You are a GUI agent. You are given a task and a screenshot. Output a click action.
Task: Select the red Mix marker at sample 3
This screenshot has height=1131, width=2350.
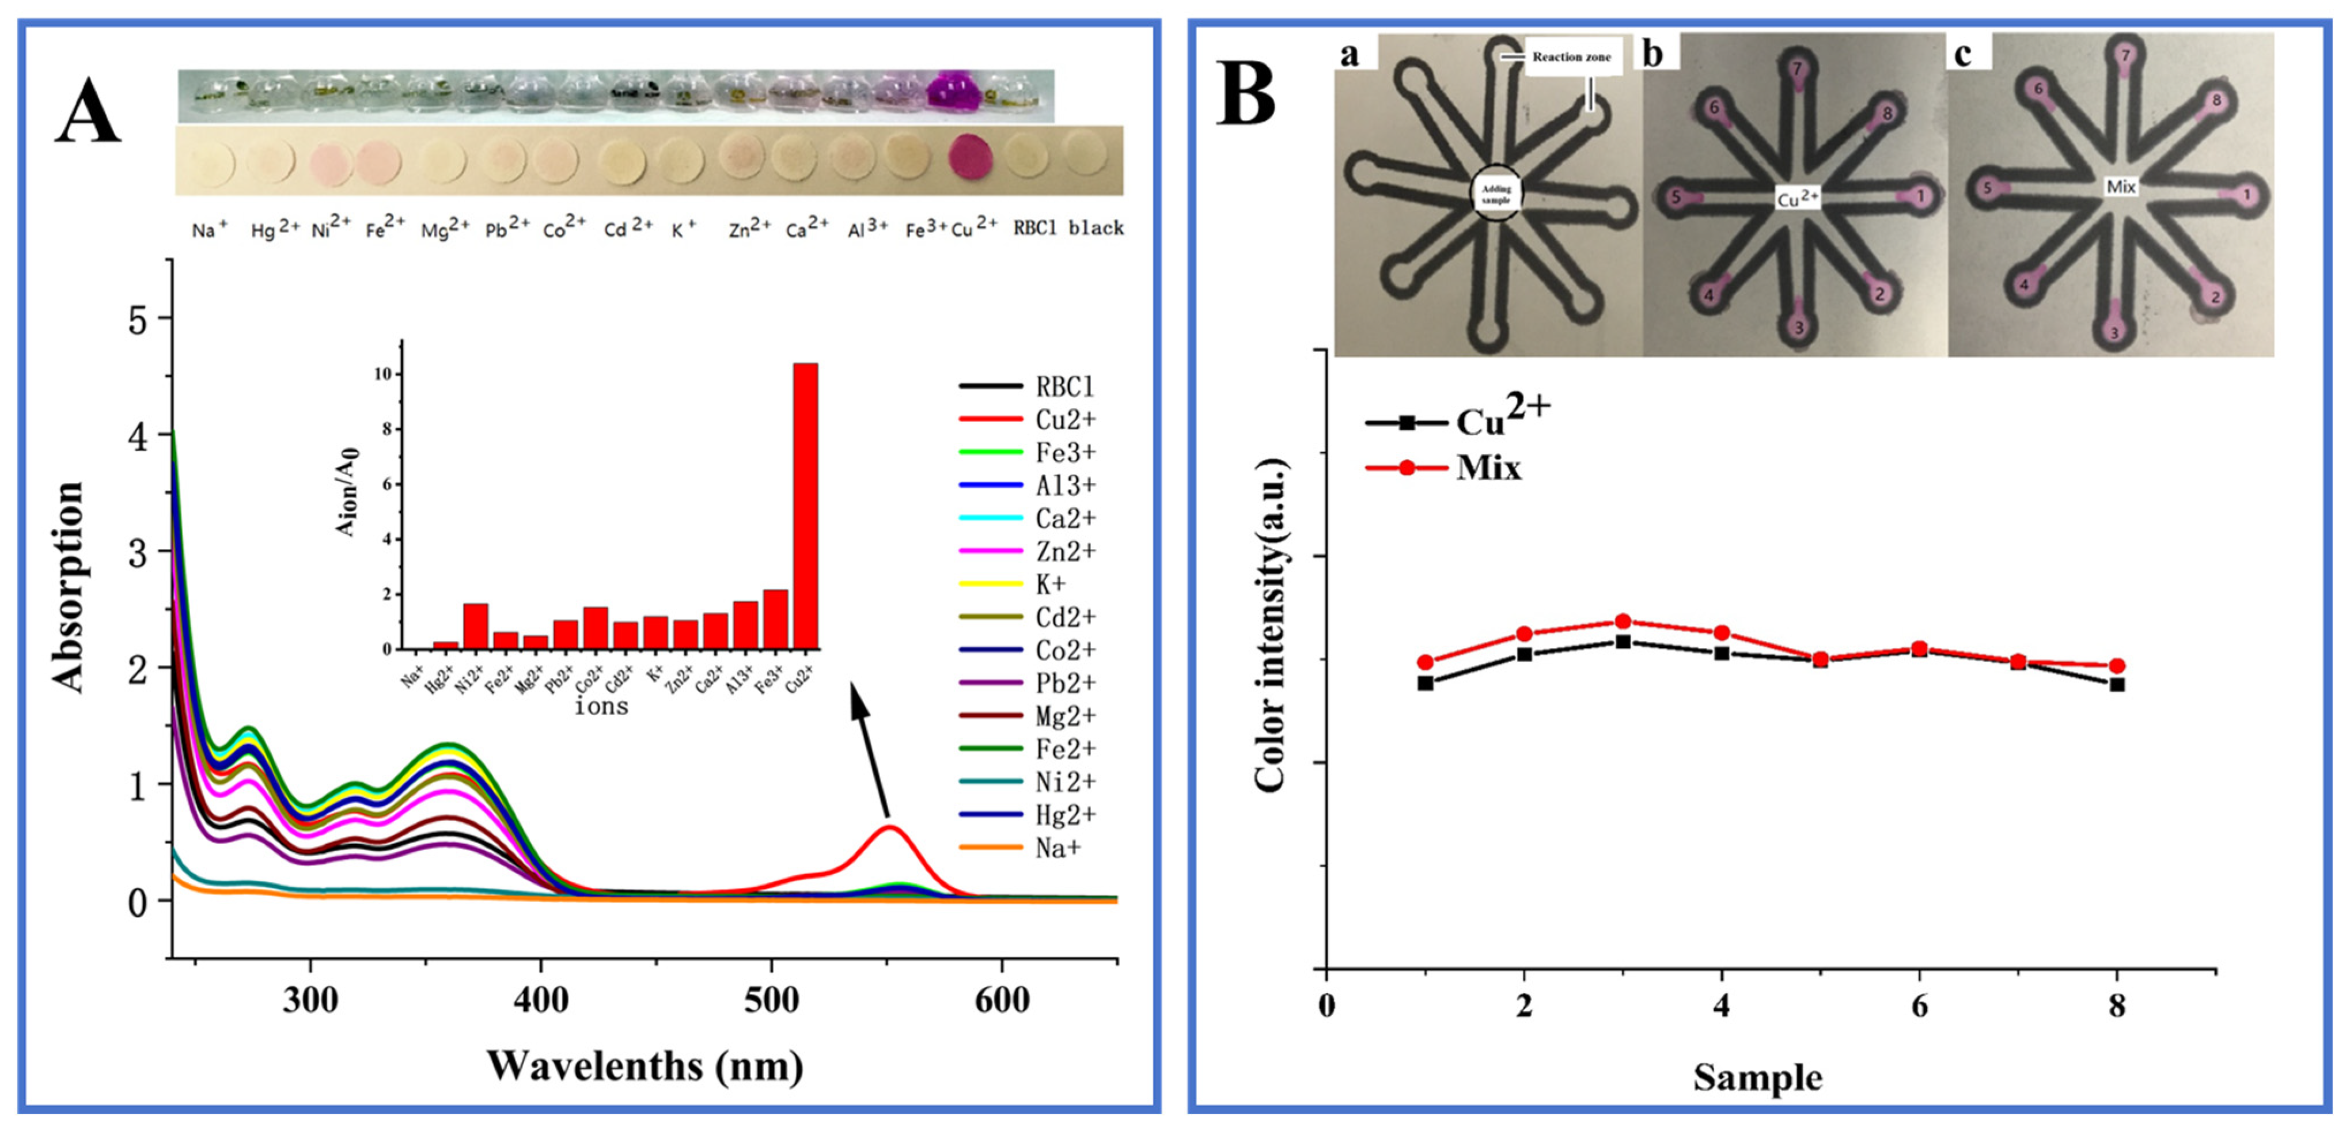click(x=1622, y=622)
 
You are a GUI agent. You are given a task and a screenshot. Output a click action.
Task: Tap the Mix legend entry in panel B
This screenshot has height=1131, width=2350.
click(x=1487, y=468)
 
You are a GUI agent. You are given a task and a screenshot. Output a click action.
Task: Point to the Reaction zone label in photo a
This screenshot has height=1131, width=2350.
click(x=1571, y=56)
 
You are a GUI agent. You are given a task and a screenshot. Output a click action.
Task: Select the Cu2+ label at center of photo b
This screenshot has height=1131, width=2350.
click(x=1797, y=198)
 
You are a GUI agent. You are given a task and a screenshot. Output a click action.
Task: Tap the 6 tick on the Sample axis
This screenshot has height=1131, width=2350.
click(x=1919, y=1006)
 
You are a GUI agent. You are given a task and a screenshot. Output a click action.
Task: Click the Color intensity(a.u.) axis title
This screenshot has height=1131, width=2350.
click(x=1270, y=626)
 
